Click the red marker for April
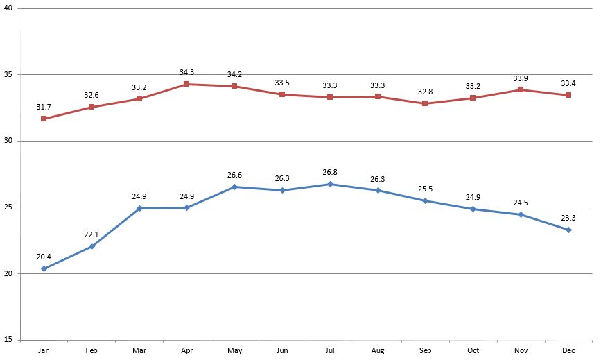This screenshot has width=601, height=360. tap(186, 84)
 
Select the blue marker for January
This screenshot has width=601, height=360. tap(44, 268)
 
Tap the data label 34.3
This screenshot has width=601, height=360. tap(187, 72)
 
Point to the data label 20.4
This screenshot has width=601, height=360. tap(44, 256)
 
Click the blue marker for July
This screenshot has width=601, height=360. tap(330, 184)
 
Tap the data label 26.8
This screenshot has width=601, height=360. tap(330, 171)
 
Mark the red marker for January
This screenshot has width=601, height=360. tap(44, 119)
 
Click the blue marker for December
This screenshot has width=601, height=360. tap(568, 230)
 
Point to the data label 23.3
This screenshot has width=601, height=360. tap(568, 217)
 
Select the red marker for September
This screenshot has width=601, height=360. tap(425, 103)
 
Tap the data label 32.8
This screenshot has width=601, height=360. tap(425, 91)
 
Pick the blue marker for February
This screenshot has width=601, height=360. tap(92, 246)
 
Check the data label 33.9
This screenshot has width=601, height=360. tap(521, 78)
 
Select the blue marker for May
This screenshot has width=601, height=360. tap(234, 187)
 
